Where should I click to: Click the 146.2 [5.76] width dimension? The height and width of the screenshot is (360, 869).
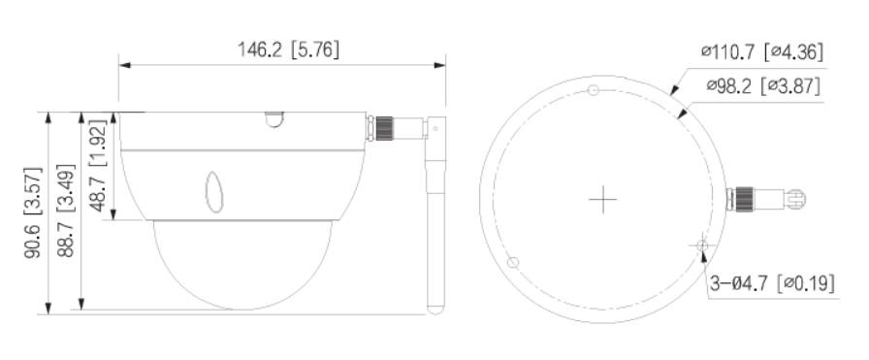coord(281,49)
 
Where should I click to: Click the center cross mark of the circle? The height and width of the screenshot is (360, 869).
coord(603,200)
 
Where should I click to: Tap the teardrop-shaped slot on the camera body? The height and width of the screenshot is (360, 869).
coord(213,191)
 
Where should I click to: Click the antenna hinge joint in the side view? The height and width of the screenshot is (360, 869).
coord(434,127)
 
